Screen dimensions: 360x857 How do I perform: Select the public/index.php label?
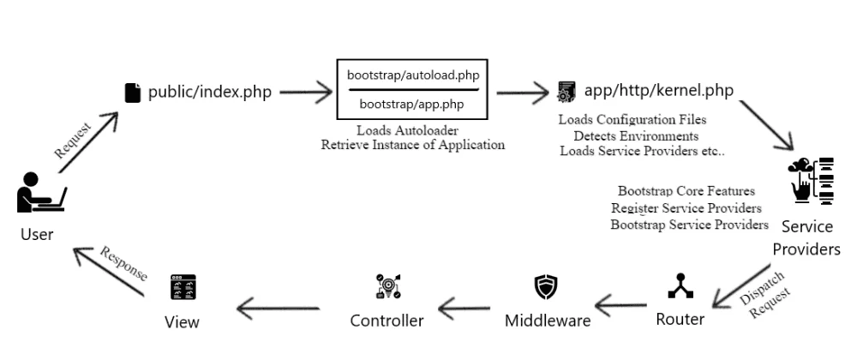click(x=209, y=93)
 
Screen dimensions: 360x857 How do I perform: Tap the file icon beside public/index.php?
click(x=132, y=93)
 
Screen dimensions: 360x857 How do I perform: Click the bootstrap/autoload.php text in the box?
click(x=412, y=75)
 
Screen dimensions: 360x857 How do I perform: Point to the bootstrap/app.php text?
click(x=412, y=104)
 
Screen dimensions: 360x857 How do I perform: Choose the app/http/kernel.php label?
click(x=657, y=91)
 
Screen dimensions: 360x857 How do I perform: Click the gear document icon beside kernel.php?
click(x=565, y=91)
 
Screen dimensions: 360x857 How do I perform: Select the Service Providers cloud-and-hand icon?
click(x=809, y=181)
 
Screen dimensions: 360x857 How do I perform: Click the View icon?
click(x=182, y=287)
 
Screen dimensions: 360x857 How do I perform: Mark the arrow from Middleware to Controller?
click(x=468, y=303)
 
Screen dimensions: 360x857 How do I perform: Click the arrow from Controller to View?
click(x=279, y=303)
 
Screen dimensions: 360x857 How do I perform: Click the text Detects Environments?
click(x=636, y=135)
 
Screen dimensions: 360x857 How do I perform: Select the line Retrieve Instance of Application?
click(x=412, y=144)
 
